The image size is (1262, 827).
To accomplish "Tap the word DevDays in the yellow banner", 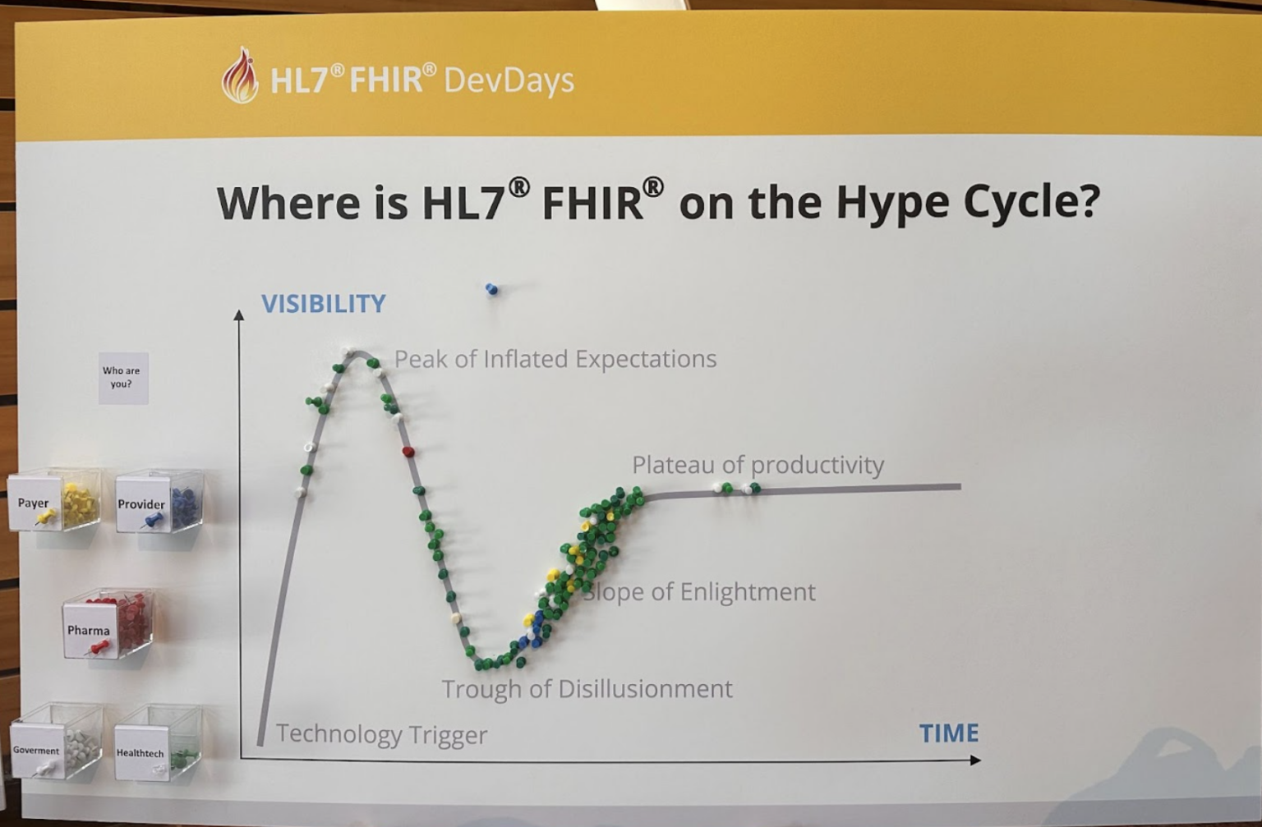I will (x=509, y=80).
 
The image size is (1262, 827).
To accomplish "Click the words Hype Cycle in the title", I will (x=966, y=202).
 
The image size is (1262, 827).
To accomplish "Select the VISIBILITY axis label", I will (x=324, y=304).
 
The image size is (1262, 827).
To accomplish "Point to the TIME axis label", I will (x=948, y=733).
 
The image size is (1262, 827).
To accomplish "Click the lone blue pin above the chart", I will (x=491, y=289).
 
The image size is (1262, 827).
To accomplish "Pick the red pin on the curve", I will (x=408, y=452).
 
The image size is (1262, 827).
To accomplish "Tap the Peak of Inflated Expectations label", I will (x=555, y=359).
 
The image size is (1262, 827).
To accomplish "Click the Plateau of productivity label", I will (x=757, y=465).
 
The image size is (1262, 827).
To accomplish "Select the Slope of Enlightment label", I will (x=700, y=592).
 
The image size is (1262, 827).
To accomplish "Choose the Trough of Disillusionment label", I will (x=587, y=688).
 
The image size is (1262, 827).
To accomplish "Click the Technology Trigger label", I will (x=381, y=733).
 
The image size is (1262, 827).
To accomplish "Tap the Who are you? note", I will (x=122, y=378).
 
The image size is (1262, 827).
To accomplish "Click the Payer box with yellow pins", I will (x=55, y=501).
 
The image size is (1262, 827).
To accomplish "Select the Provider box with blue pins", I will (x=159, y=503).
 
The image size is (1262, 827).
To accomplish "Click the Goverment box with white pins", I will (x=56, y=742).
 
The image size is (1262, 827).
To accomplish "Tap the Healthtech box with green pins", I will (x=158, y=744).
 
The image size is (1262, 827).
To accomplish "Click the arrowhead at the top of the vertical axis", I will (x=239, y=315).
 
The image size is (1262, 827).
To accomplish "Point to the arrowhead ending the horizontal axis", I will (x=975, y=760).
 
